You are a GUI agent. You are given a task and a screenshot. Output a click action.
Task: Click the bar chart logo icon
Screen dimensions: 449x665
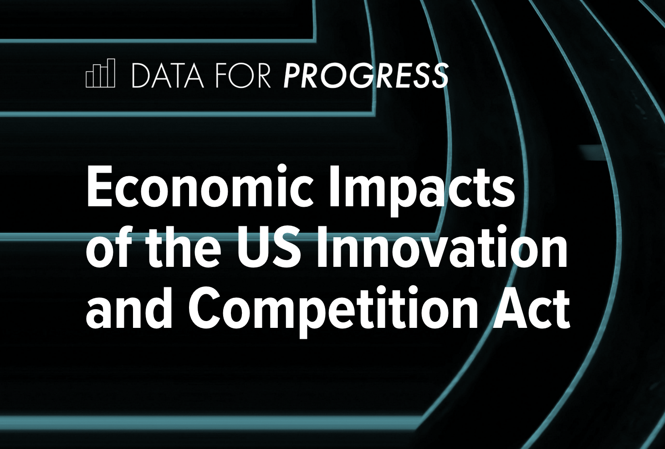click(100, 73)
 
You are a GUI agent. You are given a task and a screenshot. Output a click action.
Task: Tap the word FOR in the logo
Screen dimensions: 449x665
click(244, 76)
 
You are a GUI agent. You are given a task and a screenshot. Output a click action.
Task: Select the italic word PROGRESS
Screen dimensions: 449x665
click(366, 76)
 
